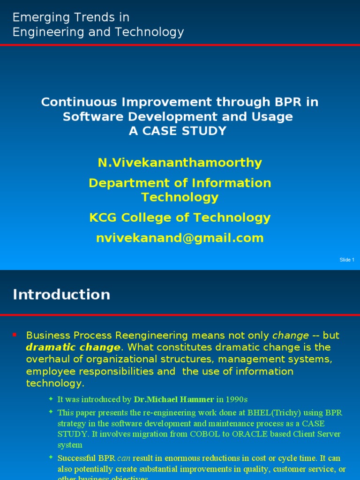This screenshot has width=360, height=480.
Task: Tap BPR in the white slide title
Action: coord(286,102)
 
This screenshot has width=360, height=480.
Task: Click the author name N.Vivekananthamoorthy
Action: coord(180,163)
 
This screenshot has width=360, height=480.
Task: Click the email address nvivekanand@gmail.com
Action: coord(180,238)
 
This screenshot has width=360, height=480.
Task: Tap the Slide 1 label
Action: coord(346,260)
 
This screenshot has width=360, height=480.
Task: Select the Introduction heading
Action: coord(61,294)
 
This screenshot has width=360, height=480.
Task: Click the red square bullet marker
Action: coord(15,334)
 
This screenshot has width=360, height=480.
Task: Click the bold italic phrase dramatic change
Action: coord(73,347)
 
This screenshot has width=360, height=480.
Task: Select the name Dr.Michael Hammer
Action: coord(173,400)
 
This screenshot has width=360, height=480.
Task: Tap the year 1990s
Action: coord(236,400)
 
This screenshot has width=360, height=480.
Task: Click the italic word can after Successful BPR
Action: coord(123,458)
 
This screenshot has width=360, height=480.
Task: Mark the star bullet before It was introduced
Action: coord(51,399)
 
